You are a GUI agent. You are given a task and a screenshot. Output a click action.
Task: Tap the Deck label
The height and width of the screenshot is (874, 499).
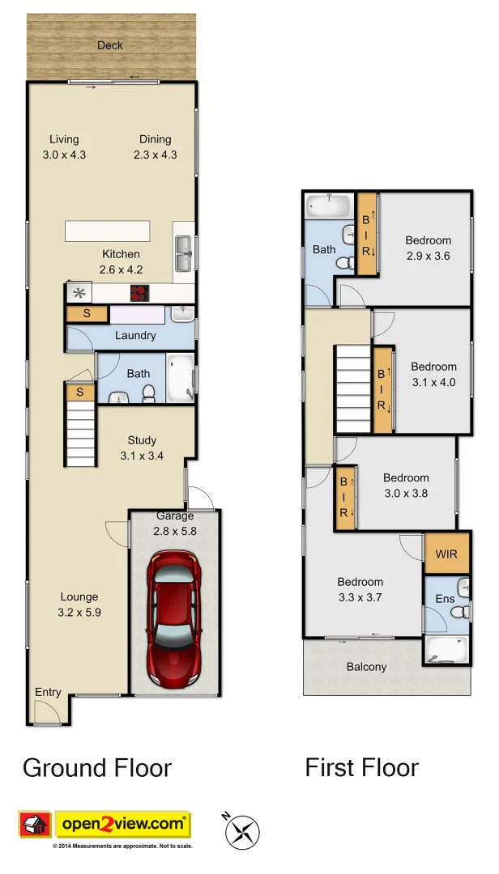pos(110,45)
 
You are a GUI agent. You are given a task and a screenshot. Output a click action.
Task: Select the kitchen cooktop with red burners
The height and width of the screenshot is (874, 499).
pos(141,294)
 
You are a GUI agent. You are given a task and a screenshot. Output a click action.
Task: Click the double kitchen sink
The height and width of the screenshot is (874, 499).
pos(183,253)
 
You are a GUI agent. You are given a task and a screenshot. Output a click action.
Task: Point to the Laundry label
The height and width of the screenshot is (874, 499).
pos(135,335)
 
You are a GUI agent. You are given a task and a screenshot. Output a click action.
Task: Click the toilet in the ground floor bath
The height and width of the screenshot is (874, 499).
pos(148,393)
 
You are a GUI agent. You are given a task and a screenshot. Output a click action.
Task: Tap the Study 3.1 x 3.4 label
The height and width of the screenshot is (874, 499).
pos(142,448)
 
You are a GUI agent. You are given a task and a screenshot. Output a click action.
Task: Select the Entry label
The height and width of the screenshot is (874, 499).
pos(48,692)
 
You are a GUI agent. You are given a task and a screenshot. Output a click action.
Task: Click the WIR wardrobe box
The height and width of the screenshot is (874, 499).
pos(446,555)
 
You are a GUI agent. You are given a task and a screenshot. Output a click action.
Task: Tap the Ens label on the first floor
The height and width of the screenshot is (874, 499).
pos(445,599)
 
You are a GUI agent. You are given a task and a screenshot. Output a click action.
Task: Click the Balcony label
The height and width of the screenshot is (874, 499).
pos(366,667)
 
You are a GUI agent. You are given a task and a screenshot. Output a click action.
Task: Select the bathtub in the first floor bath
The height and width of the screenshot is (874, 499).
pos(329,206)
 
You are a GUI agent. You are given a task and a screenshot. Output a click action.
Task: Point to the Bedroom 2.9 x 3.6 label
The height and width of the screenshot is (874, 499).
pos(428,248)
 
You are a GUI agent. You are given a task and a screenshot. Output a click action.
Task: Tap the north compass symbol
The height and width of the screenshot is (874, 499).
pos(241,829)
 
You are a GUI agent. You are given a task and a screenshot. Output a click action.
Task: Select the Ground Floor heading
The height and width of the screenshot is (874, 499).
pos(97,767)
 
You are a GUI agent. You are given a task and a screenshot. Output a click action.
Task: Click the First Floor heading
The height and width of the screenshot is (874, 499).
pos(361,767)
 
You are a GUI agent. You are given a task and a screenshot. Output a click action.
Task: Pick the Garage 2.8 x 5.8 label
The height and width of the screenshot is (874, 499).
pos(175,524)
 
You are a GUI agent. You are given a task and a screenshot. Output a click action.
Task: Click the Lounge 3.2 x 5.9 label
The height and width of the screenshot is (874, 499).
pos(79,605)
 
